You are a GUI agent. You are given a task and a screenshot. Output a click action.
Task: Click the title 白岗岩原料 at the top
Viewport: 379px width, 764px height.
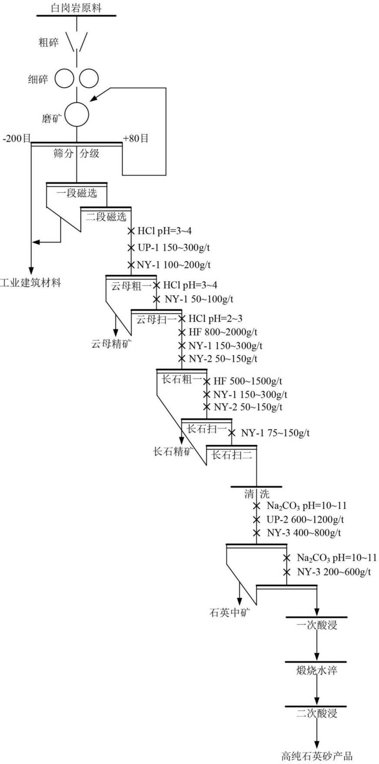(76, 7)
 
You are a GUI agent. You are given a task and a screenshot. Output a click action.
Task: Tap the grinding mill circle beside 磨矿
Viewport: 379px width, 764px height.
(76, 114)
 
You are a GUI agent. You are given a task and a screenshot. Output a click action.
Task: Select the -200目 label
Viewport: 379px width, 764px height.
(16, 139)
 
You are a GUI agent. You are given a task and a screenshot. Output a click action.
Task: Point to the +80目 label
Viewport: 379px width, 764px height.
(136, 139)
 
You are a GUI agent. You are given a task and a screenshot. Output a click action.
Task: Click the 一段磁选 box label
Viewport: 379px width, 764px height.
(76, 193)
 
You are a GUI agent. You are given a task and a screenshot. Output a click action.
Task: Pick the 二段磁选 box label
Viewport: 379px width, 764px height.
(106, 217)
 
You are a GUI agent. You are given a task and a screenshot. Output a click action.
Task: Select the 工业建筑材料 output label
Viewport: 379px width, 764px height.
(30, 283)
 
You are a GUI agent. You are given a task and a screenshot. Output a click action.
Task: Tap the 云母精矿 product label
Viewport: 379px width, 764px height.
(111, 344)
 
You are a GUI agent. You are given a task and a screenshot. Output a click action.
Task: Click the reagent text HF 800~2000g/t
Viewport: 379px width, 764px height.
(223, 333)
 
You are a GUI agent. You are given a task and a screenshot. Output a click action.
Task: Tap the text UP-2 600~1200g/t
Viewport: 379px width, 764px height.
(305, 520)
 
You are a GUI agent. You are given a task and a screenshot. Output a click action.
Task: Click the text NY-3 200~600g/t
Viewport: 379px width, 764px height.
(334, 572)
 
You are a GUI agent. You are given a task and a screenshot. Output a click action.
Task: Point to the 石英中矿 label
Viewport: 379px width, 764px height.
(230, 613)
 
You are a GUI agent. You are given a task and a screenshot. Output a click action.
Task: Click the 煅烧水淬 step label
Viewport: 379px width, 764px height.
(316, 670)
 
